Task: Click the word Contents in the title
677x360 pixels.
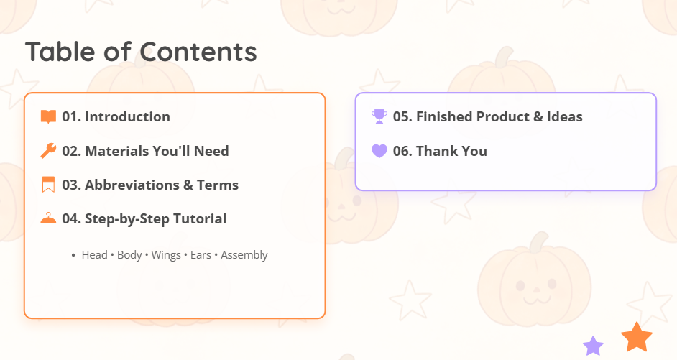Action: click(198, 52)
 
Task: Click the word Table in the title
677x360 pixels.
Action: click(60, 52)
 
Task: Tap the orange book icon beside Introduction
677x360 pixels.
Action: click(48, 116)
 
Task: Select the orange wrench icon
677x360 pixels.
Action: click(48, 151)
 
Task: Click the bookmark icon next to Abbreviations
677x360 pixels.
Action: click(48, 185)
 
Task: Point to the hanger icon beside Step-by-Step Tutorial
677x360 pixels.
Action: click(48, 218)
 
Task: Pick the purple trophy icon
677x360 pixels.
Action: click(379, 116)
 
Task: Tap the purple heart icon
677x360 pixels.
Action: click(379, 151)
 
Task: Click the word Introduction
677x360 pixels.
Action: click(127, 116)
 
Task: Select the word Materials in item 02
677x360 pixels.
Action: click(113, 151)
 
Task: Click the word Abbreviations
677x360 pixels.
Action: click(132, 185)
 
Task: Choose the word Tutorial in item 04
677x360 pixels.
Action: click(200, 218)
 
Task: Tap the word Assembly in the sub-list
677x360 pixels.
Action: click(244, 255)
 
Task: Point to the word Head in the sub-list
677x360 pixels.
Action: click(95, 255)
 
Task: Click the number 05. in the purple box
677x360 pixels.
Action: click(402, 116)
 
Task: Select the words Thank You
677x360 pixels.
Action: click(451, 151)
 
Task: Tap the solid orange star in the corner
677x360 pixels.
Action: click(637, 337)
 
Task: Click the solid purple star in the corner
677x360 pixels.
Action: click(593, 346)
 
